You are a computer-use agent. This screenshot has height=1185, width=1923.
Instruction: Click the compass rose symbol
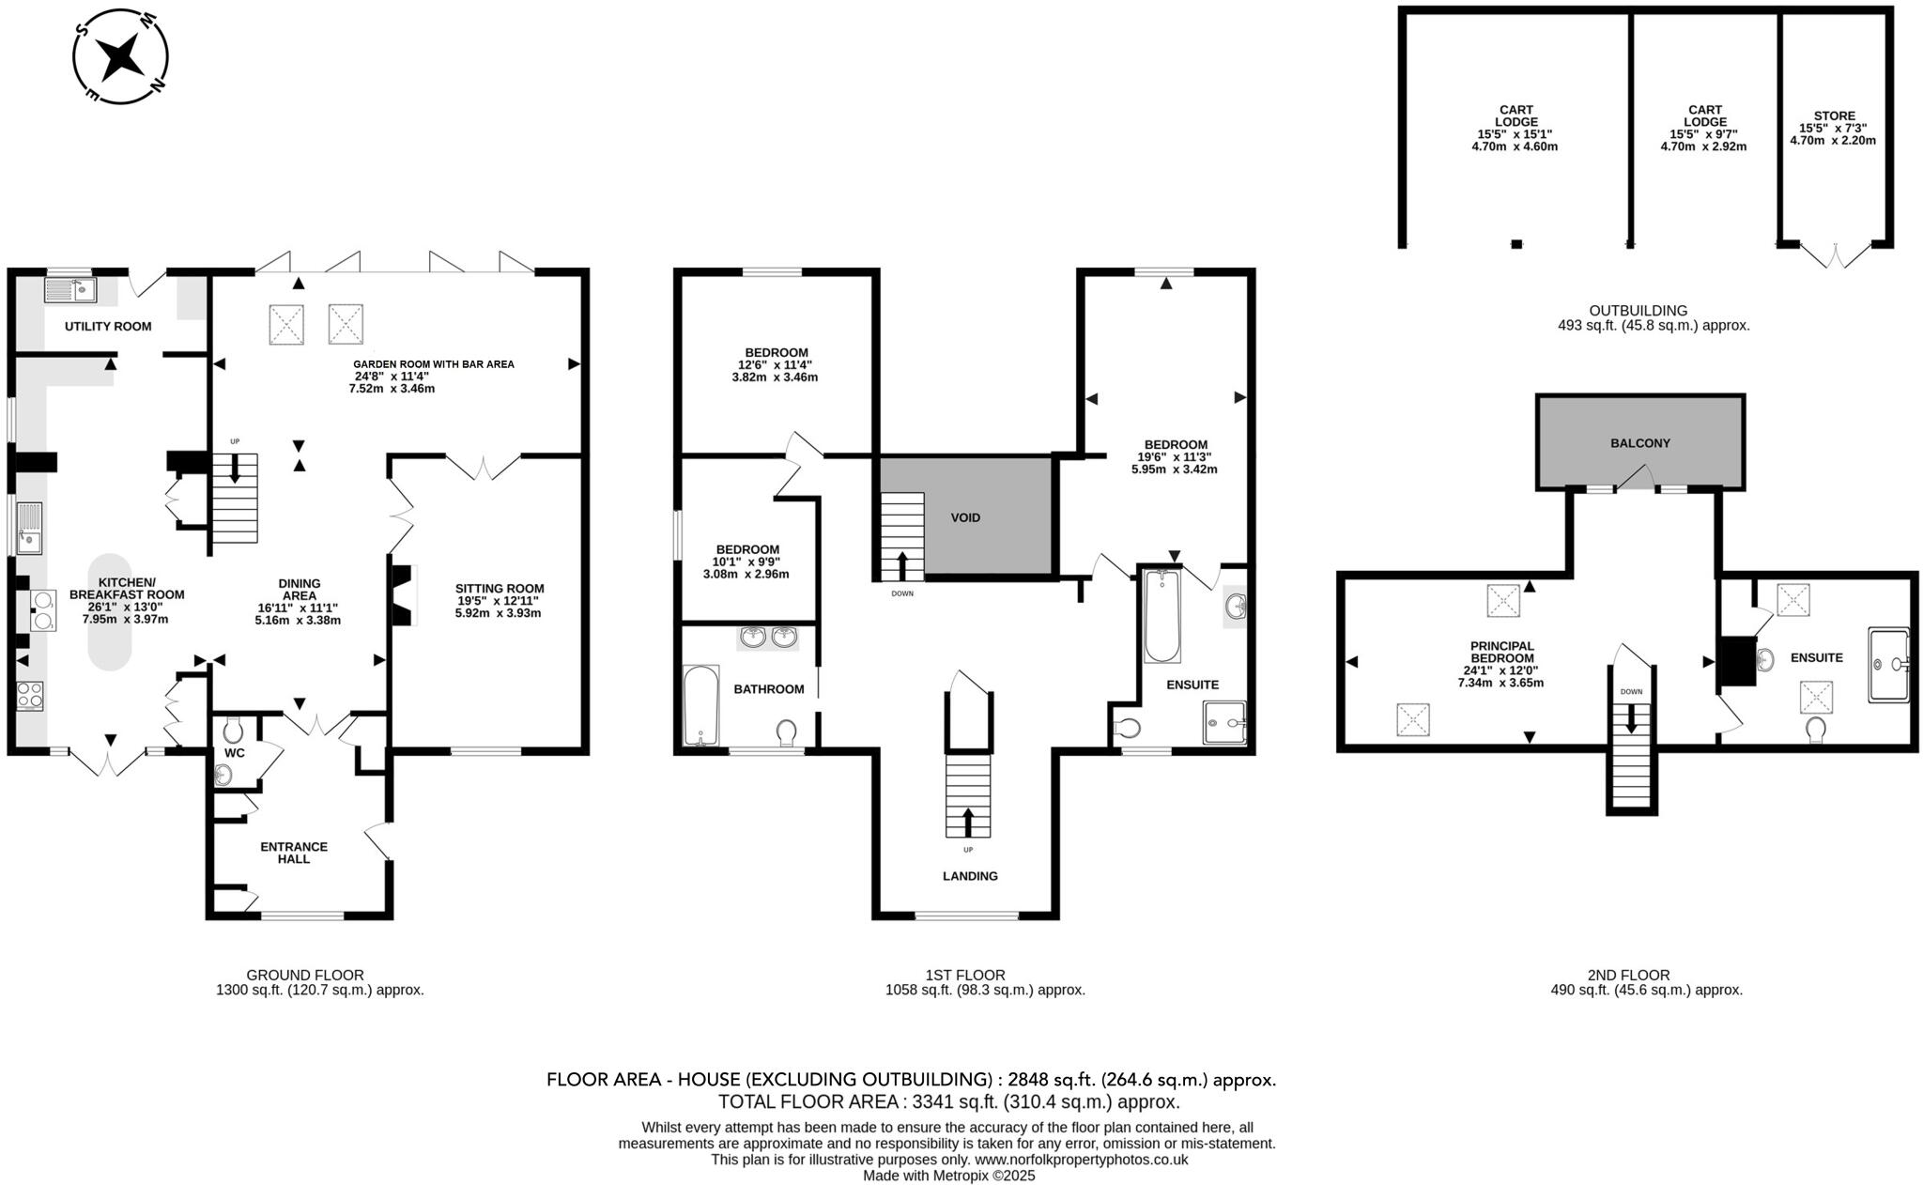pos(121,56)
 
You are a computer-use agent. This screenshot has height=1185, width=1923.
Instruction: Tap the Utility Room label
pos(108,327)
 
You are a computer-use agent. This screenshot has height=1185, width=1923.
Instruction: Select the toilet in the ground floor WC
pos(234,729)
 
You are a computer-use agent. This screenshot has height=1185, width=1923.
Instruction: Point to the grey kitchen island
pos(110,611)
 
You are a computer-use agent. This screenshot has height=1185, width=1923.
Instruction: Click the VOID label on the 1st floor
pos(965,517)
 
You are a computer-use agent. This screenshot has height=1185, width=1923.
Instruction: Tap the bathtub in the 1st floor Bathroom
pos(700,706)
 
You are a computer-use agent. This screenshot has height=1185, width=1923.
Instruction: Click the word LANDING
pos(970,876)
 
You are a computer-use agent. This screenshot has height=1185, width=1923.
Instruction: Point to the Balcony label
pos(1639,443)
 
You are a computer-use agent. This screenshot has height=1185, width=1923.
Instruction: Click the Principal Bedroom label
pos(1501,652)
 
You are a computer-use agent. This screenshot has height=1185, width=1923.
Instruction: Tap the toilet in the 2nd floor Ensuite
pos(1815,729)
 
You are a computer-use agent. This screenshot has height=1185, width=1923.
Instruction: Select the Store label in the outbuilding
pos(1834,116)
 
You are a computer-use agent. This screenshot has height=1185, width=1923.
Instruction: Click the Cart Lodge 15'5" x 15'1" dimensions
pos(1515,134)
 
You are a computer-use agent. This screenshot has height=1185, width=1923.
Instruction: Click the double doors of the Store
pos(1835,254)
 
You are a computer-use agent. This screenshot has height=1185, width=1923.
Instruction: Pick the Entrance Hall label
pos(294,853)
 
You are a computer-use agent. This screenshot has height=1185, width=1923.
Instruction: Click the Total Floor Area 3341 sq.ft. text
pos(948,1102)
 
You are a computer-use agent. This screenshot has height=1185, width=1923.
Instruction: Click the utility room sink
pos(71,290)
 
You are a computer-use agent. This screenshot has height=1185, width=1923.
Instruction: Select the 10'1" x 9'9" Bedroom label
pos(747,562)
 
